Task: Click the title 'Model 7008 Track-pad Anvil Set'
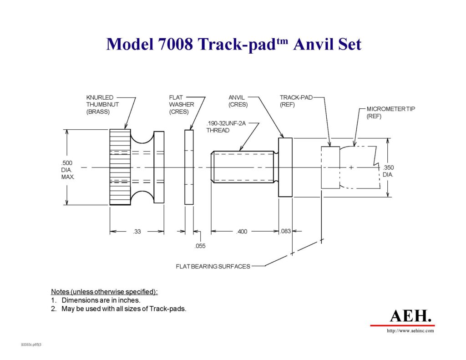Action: (233, 44)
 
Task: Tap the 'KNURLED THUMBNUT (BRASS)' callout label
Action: (102, 104)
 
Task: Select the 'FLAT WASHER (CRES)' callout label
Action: (182, 104)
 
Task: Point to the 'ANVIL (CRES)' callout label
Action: (238, 101)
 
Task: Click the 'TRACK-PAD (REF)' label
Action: (296, 101)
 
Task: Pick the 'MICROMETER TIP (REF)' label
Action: (385, 112)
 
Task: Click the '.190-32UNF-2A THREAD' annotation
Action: (226, 127)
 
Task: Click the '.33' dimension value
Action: (137, 232)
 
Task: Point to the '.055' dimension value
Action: (200, 246)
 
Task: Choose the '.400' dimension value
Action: (242, 232)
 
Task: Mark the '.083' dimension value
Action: (285, 231)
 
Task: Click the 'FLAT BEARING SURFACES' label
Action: (213, 266)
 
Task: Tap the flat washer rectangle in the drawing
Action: (189, 167)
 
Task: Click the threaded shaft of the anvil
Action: (243, 167)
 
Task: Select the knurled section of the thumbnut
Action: (120, 167)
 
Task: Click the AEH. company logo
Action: (410, 315)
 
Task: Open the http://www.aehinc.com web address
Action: (410, 331)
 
